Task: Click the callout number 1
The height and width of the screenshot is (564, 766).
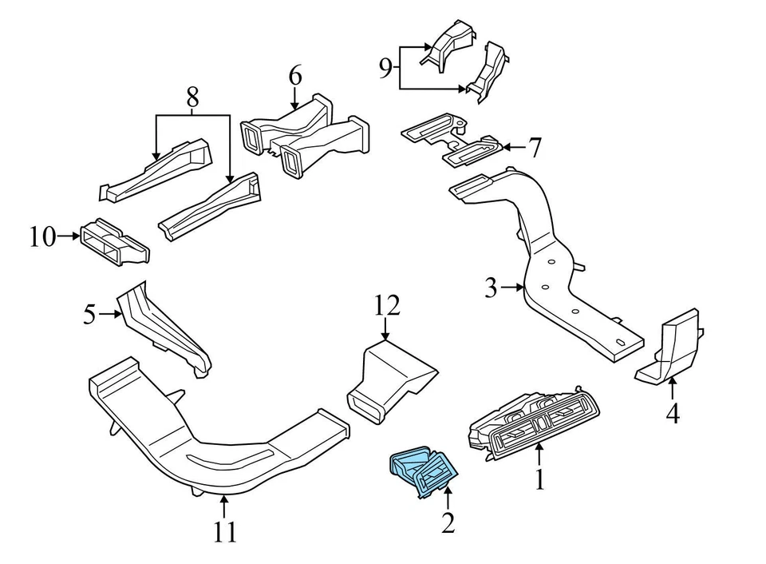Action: [x=540, y=479]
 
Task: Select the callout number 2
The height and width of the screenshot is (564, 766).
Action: [x=448, y=523]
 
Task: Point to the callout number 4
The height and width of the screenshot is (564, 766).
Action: [x=673, y=414]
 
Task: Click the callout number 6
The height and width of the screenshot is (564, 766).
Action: [x=295, y=77]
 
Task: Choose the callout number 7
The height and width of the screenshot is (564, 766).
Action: [x=534, y=148]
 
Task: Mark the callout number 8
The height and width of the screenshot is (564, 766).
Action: [x=192, y=98]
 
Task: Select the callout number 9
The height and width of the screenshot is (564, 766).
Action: [x=385, y=69]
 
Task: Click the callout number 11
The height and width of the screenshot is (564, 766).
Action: [x=225, y=531]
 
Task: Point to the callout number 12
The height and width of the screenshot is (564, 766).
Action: [x=386, y=305]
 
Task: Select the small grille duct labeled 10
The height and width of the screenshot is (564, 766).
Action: [x=114, y=241]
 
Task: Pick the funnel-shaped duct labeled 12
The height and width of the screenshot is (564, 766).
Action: [x=391, y=379]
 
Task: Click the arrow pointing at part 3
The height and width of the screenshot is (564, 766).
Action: [x=511, y=288]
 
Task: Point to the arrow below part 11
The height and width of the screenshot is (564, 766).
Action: [x=225, y=505]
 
